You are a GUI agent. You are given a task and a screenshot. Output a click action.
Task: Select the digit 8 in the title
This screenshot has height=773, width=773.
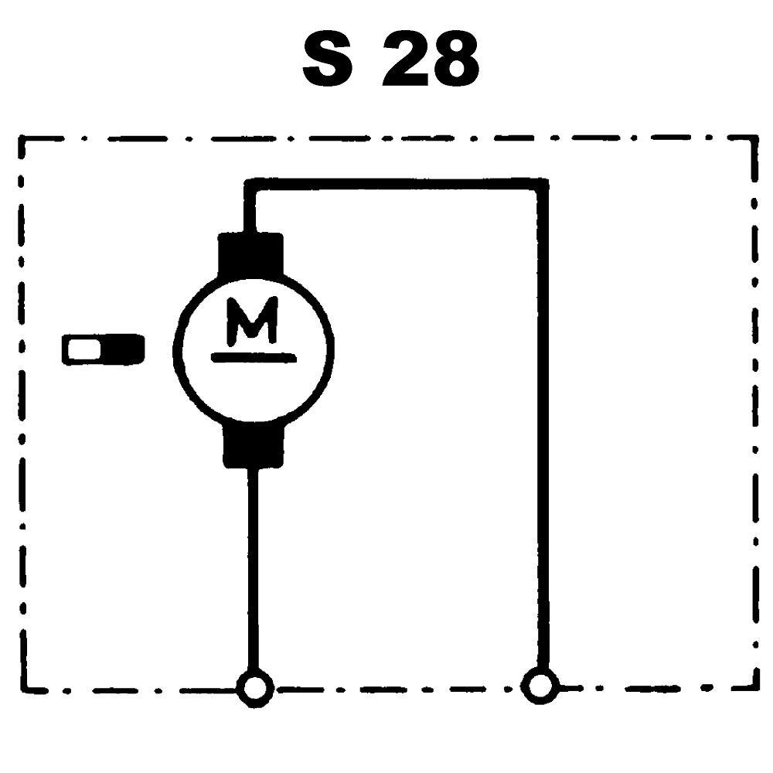tap(453, 60)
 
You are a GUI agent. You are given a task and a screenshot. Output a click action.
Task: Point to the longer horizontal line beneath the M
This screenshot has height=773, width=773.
tap(253, 357)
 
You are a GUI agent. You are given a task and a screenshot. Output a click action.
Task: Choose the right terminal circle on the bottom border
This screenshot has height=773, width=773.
tap(540, 685)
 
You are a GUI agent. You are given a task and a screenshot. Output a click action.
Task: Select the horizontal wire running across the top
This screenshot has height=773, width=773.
tap(394, 184)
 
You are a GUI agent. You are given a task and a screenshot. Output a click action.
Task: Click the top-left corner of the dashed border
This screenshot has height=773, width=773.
tap(22, 141)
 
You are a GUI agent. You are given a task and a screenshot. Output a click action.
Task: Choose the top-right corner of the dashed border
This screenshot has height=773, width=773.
tap(754, 139)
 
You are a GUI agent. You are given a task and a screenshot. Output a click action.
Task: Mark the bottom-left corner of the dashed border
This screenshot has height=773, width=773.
tap(23, 687)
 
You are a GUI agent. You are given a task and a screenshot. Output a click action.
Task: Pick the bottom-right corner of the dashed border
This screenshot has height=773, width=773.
tap(754, 685)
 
